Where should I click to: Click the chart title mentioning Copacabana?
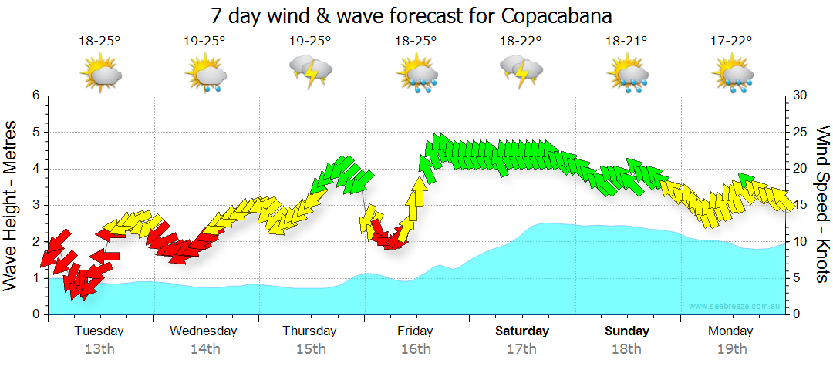click(416, 15)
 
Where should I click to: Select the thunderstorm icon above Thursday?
click(310, 72)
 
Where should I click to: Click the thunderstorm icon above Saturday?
click(521, 72)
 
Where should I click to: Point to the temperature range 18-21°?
click(626, 41)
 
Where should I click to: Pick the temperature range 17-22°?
click(731, 41)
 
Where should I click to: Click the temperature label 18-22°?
click(521, 41)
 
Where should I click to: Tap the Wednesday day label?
click(204, 331)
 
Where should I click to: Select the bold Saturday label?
click(522, 331)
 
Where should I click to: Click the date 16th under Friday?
click(416, 350)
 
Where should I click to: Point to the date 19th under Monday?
click(731, 350)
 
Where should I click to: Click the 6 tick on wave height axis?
click(35, 96)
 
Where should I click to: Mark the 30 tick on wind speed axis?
click(801, 96)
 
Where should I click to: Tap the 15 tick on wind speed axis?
click(801, 205)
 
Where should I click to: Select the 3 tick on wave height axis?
click(35, 205)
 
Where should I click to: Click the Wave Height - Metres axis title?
click(12, 205)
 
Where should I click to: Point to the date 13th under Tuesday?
click(99, 350)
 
